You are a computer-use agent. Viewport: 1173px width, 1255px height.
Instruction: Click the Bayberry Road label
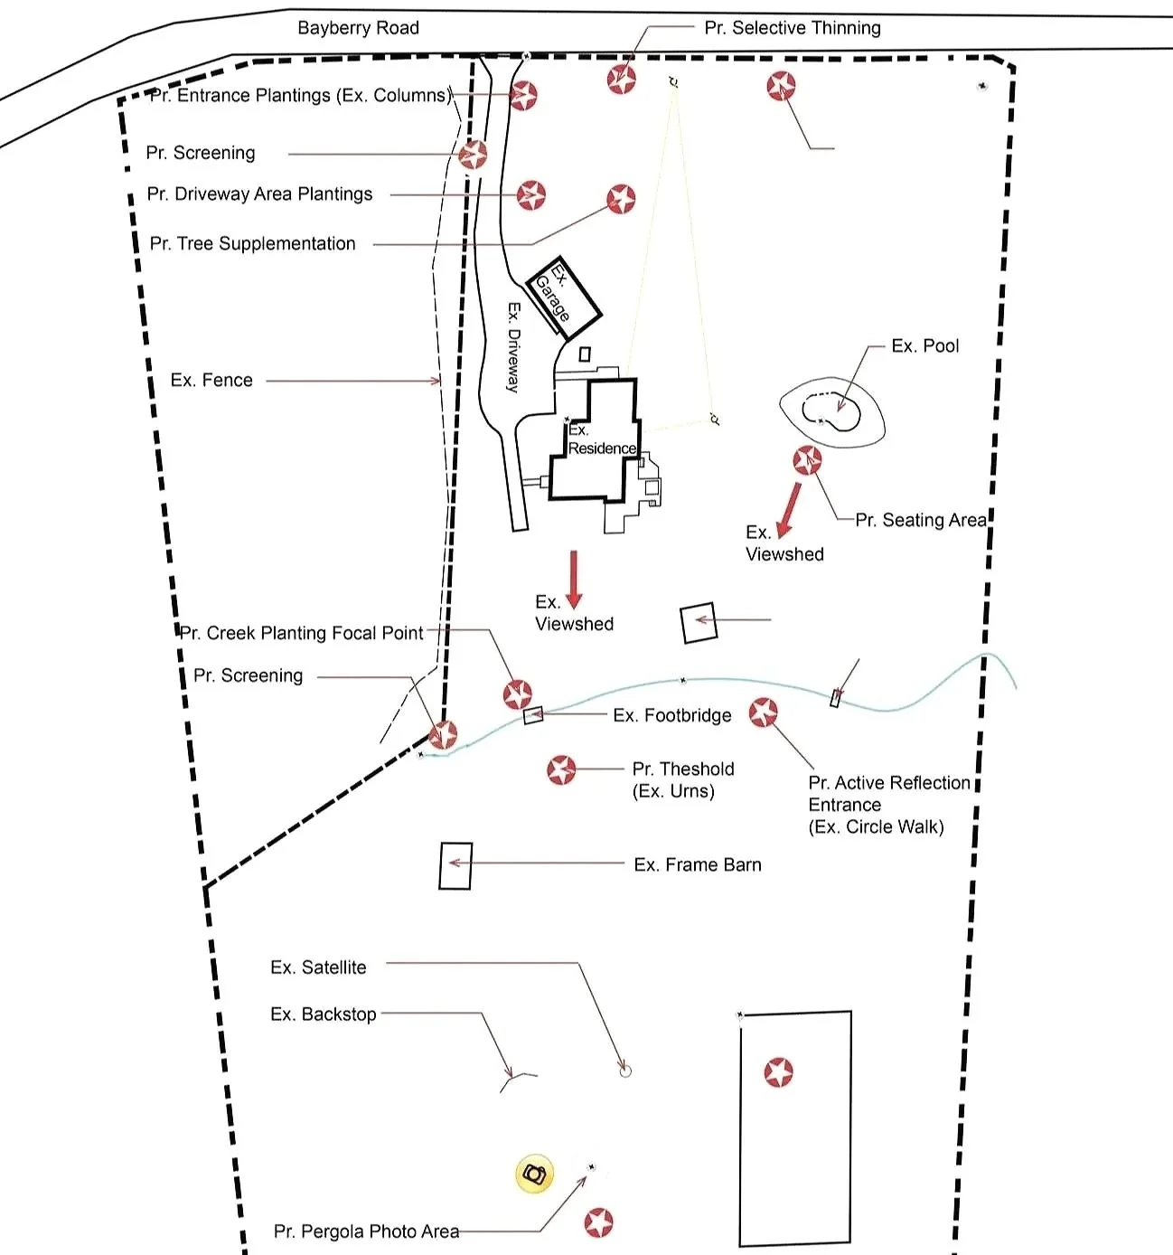point(358,28)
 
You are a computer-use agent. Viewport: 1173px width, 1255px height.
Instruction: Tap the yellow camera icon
point(534,1175)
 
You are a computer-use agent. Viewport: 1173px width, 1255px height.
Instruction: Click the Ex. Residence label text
point(600,440)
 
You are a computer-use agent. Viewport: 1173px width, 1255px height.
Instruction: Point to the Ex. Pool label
point(924,345)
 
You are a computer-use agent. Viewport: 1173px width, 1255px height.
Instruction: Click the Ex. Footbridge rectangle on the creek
point(533,715)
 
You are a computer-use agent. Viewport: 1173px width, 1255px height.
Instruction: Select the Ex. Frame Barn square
point(455,865)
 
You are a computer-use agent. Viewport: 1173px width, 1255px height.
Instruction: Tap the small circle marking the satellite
point(624,1071)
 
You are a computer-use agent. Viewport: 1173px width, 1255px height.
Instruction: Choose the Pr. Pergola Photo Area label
point(366,1231)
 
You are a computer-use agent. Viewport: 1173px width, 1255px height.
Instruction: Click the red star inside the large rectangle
point(779,1072)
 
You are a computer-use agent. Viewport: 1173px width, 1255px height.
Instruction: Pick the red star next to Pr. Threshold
point(561,770)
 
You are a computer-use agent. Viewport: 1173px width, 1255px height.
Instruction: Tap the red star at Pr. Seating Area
point(807,460)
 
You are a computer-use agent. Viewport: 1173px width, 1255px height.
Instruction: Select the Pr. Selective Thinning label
point(792,28)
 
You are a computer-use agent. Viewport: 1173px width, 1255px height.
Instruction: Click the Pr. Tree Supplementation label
point(252,243)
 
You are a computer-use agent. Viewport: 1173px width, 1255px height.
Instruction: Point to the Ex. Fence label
point(211,381)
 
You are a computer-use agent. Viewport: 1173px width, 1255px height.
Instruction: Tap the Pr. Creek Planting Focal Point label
point(301,633)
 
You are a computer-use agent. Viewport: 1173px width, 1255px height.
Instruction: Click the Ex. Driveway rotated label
point(513,347)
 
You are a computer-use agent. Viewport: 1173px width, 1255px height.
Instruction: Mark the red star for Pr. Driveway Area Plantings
point(531,194)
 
